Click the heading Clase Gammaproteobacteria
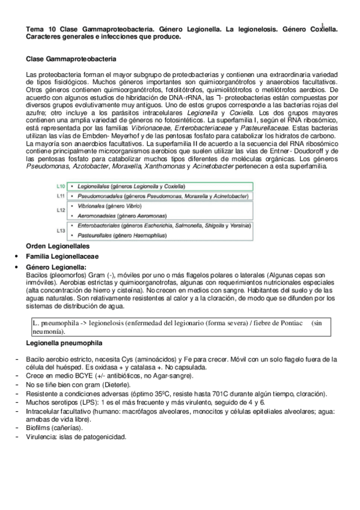(x=72, y=59)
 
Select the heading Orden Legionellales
(x=58, y=247)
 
